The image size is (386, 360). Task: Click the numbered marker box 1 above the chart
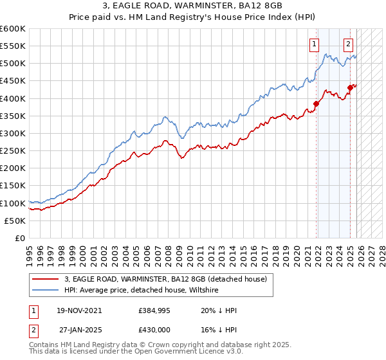(314, 44)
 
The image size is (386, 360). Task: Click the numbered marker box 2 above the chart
(348, 44)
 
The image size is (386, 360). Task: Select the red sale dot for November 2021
(317, 104)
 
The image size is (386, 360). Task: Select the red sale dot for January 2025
(351, 88)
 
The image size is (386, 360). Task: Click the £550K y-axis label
(13, 46)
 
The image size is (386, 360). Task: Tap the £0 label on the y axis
(19, 238)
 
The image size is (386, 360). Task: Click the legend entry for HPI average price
(142, 290)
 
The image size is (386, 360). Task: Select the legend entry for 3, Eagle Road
(160, 279)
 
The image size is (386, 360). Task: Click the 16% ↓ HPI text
(219, 329)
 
